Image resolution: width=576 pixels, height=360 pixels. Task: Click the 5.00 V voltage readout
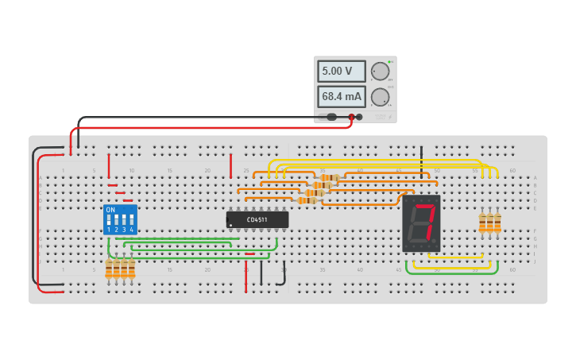pyautogui.click(x=341, y=72)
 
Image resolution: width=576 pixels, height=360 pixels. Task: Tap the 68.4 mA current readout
pyautogui.click(x=341, y=97)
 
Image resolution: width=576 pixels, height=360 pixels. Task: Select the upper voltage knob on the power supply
pyautogui.click(x=381, y=72)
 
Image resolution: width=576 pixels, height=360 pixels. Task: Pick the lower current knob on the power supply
pyautogui.click(x=381, y=97)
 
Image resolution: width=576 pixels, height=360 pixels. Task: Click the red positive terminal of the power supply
pyautogui.click(x=351, y=118)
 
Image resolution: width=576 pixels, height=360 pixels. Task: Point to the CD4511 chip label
pyautogui.click(x=257, y=219)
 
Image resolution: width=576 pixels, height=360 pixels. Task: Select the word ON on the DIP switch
pyautogui.click(x=110, y=210)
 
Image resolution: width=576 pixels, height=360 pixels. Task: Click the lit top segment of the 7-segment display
pyautogui.click(x=423, y=205)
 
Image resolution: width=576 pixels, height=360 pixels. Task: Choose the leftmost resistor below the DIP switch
pyautogui.click(x=109, y=269)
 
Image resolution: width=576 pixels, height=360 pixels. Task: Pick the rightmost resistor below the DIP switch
pyautogui.click(x=131, y=269)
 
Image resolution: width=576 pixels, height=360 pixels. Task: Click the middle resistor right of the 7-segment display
pyautogui.click(x=490, y=223)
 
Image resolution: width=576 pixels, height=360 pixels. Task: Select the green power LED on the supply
pyautogui.click(x=390, y=62)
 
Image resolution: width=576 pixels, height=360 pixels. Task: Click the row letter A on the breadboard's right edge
pyautogui.click(x=535, y=178)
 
